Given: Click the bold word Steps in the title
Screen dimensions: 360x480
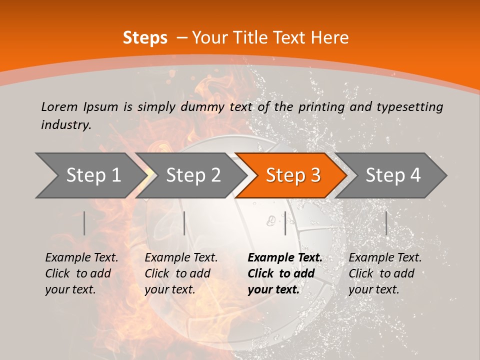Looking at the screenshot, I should pos(145,38).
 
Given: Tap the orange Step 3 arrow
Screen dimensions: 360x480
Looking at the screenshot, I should pos(292,175).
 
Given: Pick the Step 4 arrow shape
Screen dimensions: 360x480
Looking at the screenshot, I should pos(393,175).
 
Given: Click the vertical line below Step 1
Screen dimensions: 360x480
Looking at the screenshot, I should pos(84,223).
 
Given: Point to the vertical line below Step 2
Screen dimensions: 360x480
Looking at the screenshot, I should pos(184,223).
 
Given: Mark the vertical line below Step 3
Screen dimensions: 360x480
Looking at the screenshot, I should pos(285,223).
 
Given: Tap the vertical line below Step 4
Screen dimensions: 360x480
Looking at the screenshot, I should pos(386,223).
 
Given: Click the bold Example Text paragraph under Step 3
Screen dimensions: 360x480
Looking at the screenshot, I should pos(284,273).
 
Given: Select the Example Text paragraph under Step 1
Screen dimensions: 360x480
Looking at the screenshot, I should pos(81,273).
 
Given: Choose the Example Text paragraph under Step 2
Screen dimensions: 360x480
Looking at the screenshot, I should pos(181,273).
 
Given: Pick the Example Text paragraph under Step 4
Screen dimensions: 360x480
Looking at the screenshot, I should pos(385,273).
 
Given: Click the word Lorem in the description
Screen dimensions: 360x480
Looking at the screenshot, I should pos(59,107).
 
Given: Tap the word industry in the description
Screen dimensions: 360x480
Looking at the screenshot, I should pos(65,125).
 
